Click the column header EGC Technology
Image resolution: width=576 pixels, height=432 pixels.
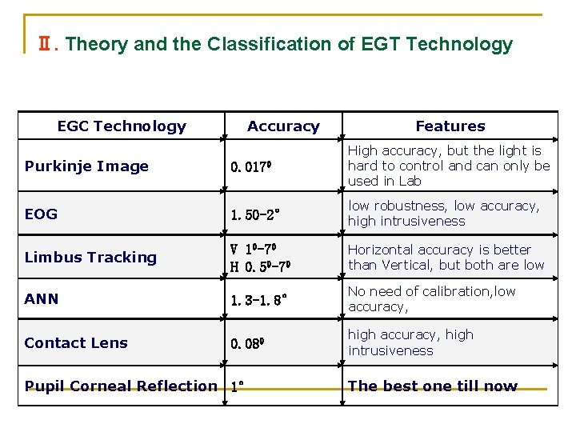pos(122,126)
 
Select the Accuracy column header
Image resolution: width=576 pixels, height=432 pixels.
pos(283,126)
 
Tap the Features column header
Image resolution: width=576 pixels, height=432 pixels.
pos(450,126)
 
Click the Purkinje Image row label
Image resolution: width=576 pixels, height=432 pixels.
pos(86,166)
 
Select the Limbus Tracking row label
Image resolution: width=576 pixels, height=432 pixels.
pos(90,257)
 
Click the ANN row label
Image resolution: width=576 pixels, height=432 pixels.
pos(42,299)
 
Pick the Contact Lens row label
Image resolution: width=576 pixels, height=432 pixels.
pos(76,342)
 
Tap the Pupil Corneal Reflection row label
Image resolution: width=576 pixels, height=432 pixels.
pos(121,386)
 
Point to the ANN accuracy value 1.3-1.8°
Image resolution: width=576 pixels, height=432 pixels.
pos(258,300)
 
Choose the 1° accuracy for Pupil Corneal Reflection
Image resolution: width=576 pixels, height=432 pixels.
pos(237,386)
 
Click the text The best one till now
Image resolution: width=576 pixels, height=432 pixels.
pos(433,386)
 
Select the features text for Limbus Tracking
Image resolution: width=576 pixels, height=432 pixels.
pos(446,257)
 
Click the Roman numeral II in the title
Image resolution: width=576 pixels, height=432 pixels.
pos(46,44)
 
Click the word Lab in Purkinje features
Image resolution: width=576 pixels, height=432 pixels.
pos(410,181)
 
